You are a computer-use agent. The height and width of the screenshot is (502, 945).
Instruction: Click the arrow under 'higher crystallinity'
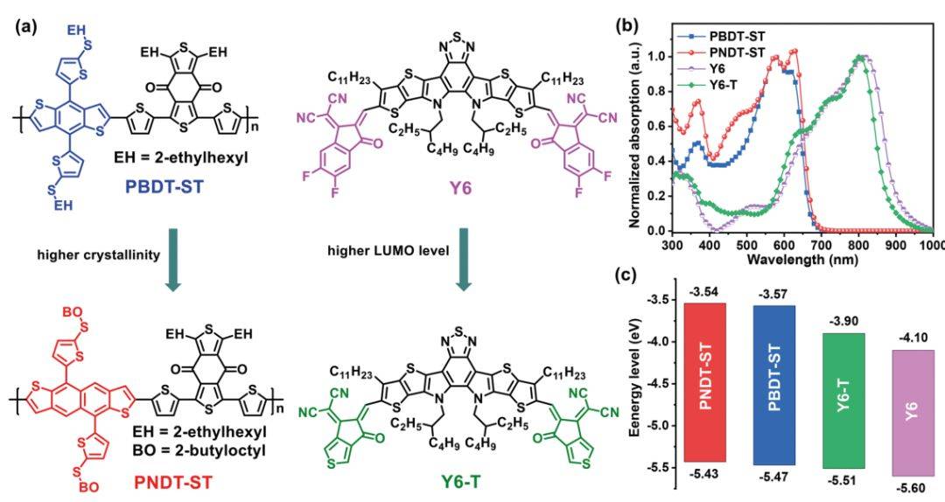coord(173,260)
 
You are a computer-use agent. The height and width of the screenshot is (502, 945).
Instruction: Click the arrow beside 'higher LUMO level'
coord(462,260)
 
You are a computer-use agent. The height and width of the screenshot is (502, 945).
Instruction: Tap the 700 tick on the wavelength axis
coord(821,245)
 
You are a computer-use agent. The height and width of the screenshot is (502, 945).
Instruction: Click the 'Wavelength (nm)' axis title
coord(794,259)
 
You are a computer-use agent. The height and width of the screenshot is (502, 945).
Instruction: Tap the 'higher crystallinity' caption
coord(99,254)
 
